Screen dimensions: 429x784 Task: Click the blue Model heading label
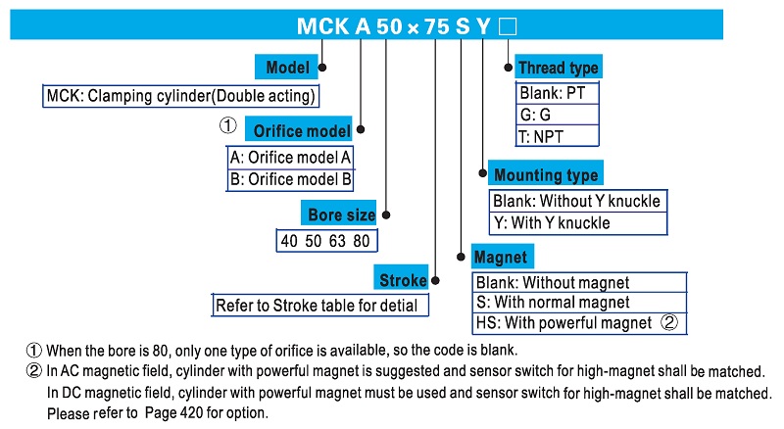click(x=287, y=68)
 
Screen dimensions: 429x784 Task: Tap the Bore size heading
click(x=340, y=214)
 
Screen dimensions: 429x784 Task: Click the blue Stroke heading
click(x=402, y=279)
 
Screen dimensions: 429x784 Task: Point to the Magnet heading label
click(x=500, y=258)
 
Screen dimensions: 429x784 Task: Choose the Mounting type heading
click(x=545, y=174)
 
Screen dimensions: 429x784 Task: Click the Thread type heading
click(x=557, y=68)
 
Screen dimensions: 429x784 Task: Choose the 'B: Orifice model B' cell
click(x=290, y=179)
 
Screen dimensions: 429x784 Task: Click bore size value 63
click(x=337, y=241)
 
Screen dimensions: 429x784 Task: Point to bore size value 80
click(x=362, y=241)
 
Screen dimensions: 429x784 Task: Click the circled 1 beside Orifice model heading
click(x=226, y=126)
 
